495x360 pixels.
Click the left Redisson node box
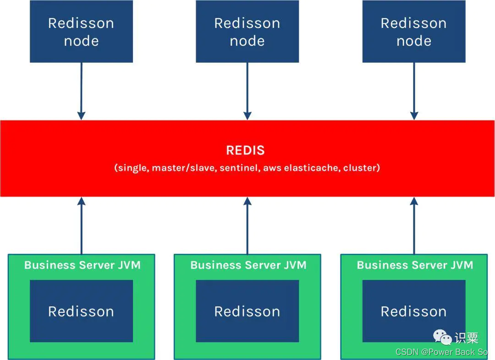81,32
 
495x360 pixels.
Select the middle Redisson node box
247,32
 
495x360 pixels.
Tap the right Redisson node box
413,32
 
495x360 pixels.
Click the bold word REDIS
245,150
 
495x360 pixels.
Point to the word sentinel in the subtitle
238,168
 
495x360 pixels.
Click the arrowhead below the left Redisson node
81,115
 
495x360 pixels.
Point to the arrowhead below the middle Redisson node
247,115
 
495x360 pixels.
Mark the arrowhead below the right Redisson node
414,115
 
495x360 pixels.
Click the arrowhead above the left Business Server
81,202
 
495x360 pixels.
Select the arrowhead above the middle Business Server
247,202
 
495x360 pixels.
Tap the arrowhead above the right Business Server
414,202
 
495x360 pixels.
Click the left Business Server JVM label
82,265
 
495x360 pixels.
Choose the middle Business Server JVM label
248,265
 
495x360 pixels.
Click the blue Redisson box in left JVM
81,311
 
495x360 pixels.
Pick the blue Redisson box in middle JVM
247,311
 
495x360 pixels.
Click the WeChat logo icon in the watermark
443,338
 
